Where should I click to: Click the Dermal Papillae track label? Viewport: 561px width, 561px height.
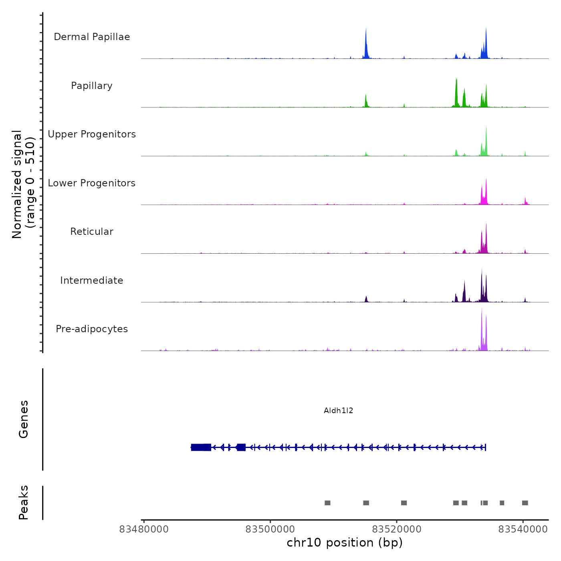92,37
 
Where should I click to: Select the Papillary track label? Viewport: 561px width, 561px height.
92,86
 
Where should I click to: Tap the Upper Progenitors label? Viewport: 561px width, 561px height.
92,134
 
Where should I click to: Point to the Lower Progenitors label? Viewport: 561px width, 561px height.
92,183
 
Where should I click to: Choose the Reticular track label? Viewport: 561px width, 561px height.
92,232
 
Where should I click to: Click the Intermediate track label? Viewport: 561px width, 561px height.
92,280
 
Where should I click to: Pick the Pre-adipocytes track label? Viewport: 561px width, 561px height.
92,329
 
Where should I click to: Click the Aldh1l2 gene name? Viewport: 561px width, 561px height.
339,411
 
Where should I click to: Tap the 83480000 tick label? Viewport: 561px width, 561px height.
144,529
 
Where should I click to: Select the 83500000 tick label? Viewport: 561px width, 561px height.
270,529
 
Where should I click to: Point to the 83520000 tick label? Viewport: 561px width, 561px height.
397,529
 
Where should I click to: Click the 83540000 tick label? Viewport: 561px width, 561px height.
523,529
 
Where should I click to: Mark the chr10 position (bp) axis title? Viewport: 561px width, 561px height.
345,543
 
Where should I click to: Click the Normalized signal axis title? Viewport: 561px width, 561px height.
23,184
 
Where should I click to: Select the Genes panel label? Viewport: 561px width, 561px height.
24,419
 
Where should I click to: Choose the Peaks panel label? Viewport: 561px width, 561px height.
24,502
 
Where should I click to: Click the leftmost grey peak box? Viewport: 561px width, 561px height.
327,503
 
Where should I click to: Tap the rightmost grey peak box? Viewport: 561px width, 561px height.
525,503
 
